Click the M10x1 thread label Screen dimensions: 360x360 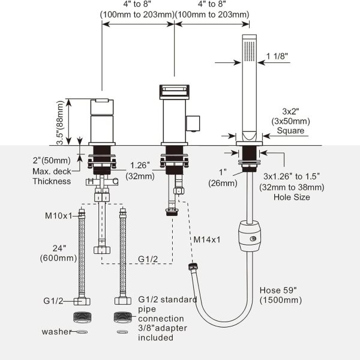[x=59, y=216]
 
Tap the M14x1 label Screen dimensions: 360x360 [x=207, y=239]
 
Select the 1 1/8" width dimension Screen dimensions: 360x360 [x=277, y=56]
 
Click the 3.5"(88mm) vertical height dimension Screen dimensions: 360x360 [x=59, y=122]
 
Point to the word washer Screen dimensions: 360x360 [x=57, y=332]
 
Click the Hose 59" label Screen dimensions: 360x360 [x=278, y=290]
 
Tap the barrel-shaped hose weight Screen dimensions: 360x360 [x=249, y=236]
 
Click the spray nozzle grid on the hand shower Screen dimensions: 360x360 [x=250, y=51]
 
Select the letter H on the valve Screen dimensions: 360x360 [x=91, y=181]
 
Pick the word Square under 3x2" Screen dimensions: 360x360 [x=290, y=131]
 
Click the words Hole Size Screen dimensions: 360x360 [x=292, y=197]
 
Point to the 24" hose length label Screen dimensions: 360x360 [x=59, y=248]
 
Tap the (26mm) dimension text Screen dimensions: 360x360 [x=223, y=183]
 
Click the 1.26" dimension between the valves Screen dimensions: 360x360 [x=140, y=166]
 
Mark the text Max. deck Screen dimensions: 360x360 [x=52, y=172]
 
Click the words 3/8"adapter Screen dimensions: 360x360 [x=163, y=328]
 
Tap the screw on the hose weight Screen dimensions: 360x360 [x=253, y=239]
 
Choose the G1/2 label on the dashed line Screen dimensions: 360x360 [x=148, y=259]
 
